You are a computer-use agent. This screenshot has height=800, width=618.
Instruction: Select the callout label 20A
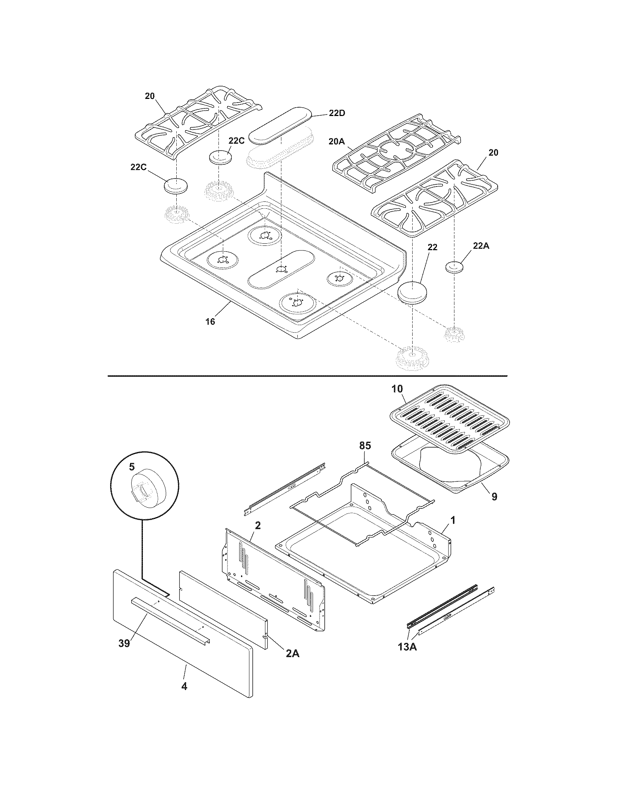tap(337, 141)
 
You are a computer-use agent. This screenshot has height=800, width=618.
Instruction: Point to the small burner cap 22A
tap(454, 267)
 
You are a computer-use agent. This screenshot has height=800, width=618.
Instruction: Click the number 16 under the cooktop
tap(210, 321)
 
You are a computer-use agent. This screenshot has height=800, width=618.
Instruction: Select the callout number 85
tap(365, 446)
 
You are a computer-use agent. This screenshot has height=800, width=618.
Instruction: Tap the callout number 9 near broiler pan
tap(494, 497)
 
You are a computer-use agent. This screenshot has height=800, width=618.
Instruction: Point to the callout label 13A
tap(408, 647)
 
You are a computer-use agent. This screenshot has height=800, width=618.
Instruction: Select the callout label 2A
tap(293, 653)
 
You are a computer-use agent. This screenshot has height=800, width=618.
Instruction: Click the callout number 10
tap(397, 389)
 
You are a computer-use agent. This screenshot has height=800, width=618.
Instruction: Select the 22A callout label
tap(481, 246)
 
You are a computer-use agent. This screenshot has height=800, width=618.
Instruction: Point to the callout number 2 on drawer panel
tap(257, 526)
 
